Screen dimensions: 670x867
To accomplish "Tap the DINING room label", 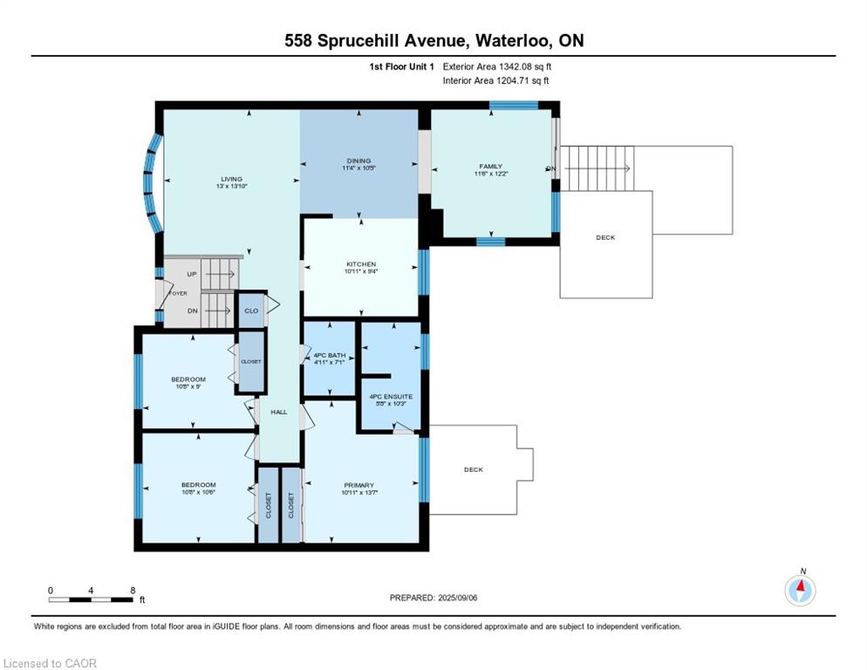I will (358, 161).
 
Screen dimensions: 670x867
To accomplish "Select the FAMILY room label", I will (490, 167).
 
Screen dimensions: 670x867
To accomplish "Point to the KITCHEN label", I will (360, 264).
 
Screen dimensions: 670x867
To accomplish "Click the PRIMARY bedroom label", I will (358, 486).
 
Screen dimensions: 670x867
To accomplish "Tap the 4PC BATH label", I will (328, 354).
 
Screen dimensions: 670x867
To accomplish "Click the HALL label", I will (278, 412).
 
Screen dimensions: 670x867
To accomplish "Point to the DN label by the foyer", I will (193, 311).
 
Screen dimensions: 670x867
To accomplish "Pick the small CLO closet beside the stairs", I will (251, 311).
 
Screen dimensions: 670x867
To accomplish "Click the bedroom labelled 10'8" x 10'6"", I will (198, 486).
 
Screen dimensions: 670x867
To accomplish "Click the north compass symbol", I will (800, 590).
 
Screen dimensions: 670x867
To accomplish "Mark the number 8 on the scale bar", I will (132, 590).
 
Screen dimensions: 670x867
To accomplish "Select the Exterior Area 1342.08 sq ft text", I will (497, 66).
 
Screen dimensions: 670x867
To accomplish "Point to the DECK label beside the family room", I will (605, 237).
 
